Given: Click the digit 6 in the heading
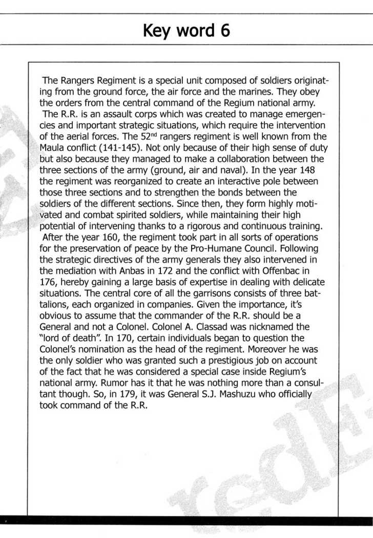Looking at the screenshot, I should click(224, 31).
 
